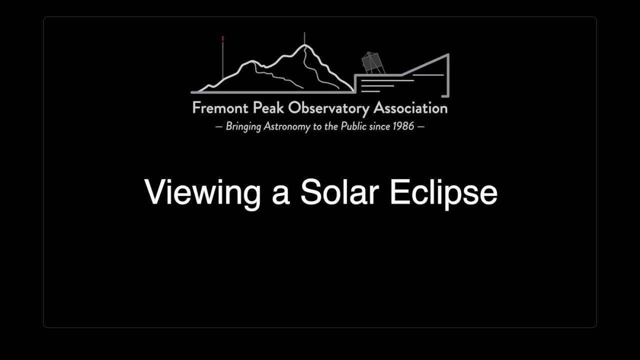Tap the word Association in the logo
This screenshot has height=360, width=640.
(x=410, y=108)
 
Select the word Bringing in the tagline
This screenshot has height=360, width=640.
(x=243, y=126)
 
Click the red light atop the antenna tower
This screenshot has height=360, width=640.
(x=223, y=38)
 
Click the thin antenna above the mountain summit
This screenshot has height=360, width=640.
(x=304, y=38)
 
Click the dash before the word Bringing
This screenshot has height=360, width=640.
(x=218, y=126)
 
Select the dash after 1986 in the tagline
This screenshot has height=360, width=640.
(x=420, y=126)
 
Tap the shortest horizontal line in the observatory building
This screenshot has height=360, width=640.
(x=370, y=91)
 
